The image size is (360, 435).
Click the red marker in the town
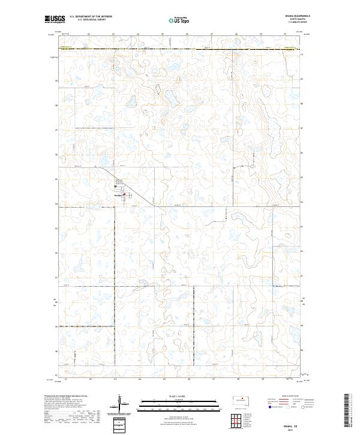tap(124, 194)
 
